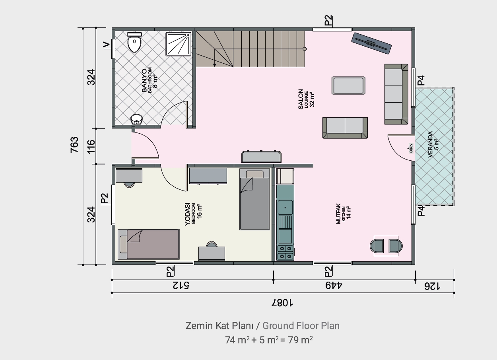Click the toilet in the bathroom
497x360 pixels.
(134, 43)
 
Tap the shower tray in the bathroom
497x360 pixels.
(179, 44)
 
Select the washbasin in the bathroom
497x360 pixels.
(136, 119)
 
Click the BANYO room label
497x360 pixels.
(144, 81)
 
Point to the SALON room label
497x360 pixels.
(301, 99)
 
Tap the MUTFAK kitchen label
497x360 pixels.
(338, 214)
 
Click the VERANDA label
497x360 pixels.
(430, 144)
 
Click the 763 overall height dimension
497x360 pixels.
(75, 145)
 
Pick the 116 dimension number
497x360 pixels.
(91, 146)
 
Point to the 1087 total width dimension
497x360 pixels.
(282, 303)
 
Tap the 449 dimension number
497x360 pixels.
(334, 286)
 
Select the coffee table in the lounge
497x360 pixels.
(348, 86)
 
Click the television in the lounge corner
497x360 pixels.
(371, 43)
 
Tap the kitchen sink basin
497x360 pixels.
(285, 207)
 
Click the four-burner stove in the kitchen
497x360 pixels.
(285, 253)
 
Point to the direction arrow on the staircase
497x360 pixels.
(215, 58)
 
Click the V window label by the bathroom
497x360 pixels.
(107, 45)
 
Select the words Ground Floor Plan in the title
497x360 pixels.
(301, 326)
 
